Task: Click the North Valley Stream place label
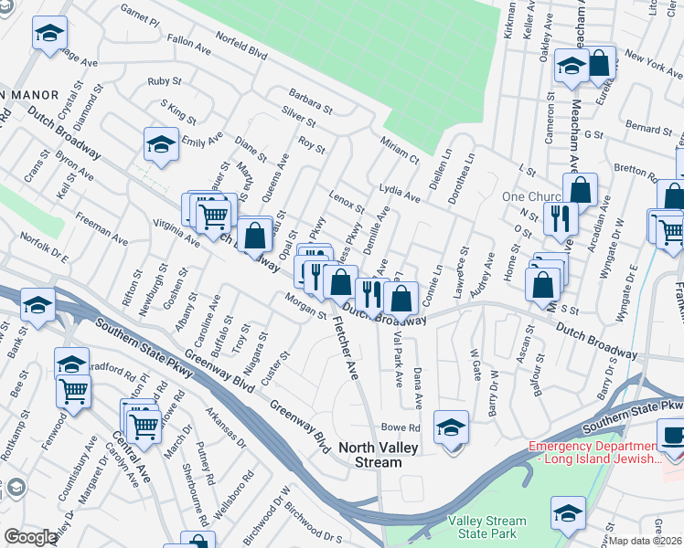click(x=370, y=455)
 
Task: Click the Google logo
click(x=30, y=537)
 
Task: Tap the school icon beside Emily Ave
click(x=161, y=144)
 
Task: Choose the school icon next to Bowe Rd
click(x=451, y=427)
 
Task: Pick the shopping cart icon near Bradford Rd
click(x=72, y=392)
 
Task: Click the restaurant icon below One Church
click(x=558, y=218)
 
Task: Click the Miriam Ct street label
click(x=400, y=149)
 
